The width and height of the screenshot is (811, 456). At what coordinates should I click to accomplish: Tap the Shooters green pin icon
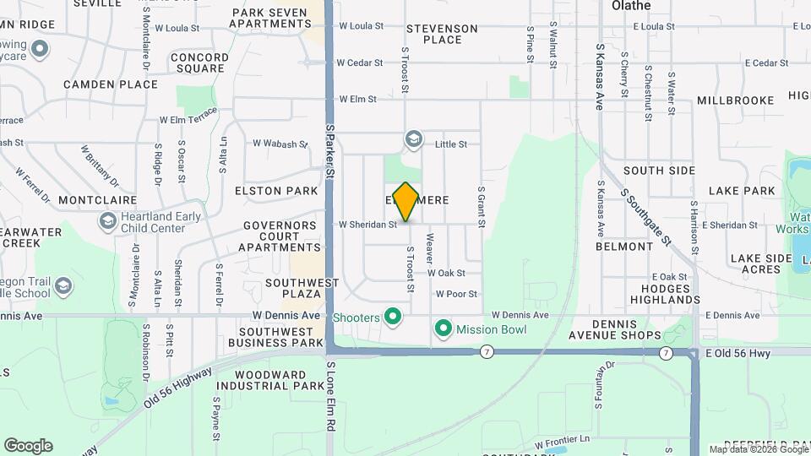coord(392,318)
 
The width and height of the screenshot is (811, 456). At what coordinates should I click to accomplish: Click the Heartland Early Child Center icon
coord(107,222)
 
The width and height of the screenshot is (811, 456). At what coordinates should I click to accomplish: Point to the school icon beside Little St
coord(413,139)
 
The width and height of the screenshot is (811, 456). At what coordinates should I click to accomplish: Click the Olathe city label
coord(631,6)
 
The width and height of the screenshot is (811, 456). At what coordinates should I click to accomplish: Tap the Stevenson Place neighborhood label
coord(442,34)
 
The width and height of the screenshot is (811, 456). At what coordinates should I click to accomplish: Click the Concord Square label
coord(199,63)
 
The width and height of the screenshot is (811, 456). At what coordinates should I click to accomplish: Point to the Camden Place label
coord(111,84)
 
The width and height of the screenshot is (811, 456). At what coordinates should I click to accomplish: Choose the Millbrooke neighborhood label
coord(735,100)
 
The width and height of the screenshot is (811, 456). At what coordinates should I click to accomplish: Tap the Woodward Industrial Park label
coord(269,380)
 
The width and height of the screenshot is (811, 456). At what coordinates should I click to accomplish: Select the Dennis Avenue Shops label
coord(626,329)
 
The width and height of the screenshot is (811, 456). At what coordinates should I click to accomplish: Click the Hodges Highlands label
coord(664,294)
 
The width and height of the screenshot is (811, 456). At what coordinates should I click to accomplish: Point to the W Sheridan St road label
coord(367,225)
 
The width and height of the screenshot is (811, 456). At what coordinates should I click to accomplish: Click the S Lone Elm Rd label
coord(330,410)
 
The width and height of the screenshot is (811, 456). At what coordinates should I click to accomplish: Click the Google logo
coord(28,446)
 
